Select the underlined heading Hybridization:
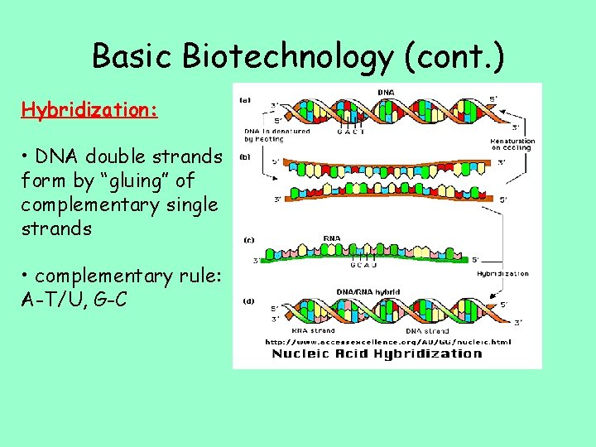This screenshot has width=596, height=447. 89,110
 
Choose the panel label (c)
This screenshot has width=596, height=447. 248,240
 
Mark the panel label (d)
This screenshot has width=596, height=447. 248,301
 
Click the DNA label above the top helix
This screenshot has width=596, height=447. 386,92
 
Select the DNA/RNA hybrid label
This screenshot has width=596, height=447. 368,291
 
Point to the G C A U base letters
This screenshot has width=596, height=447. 363,267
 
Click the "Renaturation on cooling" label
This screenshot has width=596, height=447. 513,144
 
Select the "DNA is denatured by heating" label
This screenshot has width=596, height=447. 276,135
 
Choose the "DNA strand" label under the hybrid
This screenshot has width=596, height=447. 427,330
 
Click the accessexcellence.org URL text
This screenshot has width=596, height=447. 388,341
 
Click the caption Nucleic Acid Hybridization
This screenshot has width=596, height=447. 377,353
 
